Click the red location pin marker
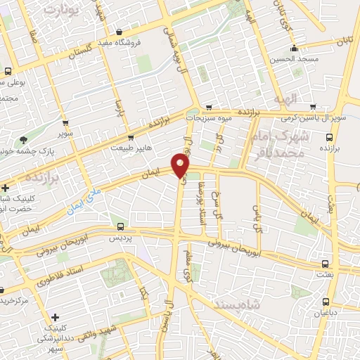181,166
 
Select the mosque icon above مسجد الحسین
293,49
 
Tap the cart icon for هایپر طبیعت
131,137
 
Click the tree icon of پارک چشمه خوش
25,140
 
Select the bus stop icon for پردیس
121,226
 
